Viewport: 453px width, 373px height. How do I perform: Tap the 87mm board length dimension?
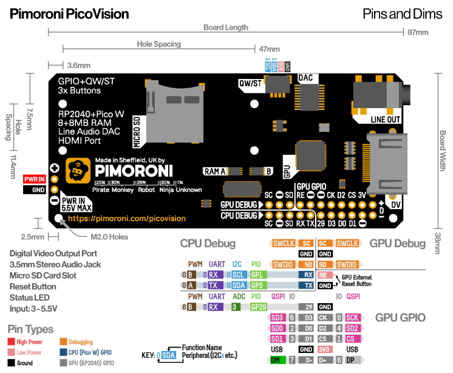click(x=418, y=32)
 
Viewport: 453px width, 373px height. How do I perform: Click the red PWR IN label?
click(x=35, y=179)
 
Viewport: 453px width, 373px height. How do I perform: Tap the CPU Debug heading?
click(x=208, y=244)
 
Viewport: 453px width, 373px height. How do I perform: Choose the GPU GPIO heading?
click(x=400, y=317)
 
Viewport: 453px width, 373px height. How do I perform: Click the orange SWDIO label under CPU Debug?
click(x=284, y=264)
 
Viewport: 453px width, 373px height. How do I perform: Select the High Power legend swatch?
click(x=12, y=341)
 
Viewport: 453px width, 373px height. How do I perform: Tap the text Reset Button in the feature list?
click(x=33, y=286)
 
